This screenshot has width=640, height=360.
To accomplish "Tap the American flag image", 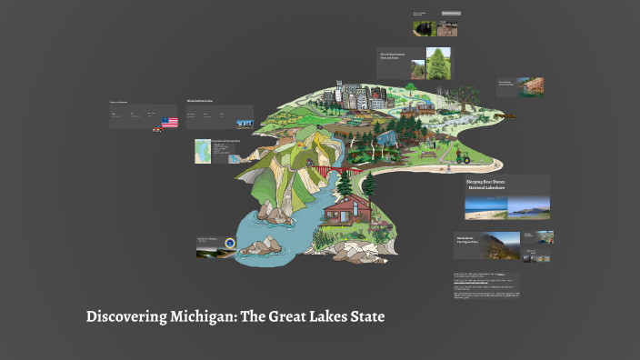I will [x=169, y=122].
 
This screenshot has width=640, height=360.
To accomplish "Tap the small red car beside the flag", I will [x=157, y=128].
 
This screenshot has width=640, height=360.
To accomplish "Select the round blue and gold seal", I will [x=230, y=244].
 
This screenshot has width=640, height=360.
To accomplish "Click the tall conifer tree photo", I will [x=439, y=64].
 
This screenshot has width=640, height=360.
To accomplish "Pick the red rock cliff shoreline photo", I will [x=533, y=86].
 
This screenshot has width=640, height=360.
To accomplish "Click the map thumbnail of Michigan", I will [x=202, y=151].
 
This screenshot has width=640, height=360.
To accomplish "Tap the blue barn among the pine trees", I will [x=386, y=137].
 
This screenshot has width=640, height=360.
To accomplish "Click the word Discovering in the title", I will [x=122, y=317].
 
